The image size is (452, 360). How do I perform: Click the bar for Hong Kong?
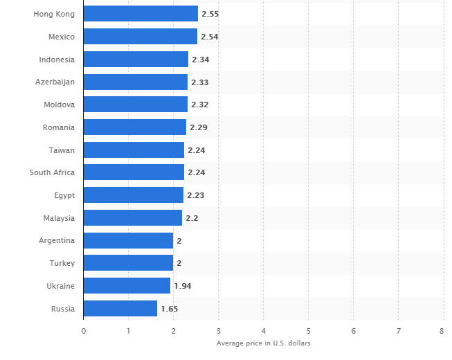click(x=141, y=14)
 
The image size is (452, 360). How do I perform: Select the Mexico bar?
click(x=141, y=37)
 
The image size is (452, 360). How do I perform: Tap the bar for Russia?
click(x=120, y=309)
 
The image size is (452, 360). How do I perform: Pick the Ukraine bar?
click(x=127, y=286)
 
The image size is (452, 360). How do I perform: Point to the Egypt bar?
click(x=134, y=195)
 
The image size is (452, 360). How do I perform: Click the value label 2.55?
click(x=210, y=14)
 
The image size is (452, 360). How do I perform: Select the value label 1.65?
click(x=170, y=309)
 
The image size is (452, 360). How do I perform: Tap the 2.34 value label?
click(x=201, y=60)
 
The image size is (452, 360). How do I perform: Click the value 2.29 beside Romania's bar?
click(x=199, y=127)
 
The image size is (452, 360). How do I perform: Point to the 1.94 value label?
click(x=183, y=286)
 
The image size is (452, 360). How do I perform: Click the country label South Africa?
click(x=52, y=172)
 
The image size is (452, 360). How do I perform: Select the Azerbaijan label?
click(x=55, y=82)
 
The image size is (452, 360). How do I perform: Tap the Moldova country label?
click(x=58, y=105)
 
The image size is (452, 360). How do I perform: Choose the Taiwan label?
click(x=62, y=150)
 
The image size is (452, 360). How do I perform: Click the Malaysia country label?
click(x=59, y=218)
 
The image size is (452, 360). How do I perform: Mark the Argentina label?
click(x=57, y=241)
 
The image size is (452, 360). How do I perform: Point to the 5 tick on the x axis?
click(x=309, y=331)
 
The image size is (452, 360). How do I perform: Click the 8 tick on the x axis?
click(x=442, y=331)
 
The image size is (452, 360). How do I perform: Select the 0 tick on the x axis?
click(x=84, y=331)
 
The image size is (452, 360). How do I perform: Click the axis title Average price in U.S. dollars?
click(x=263, y=343)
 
